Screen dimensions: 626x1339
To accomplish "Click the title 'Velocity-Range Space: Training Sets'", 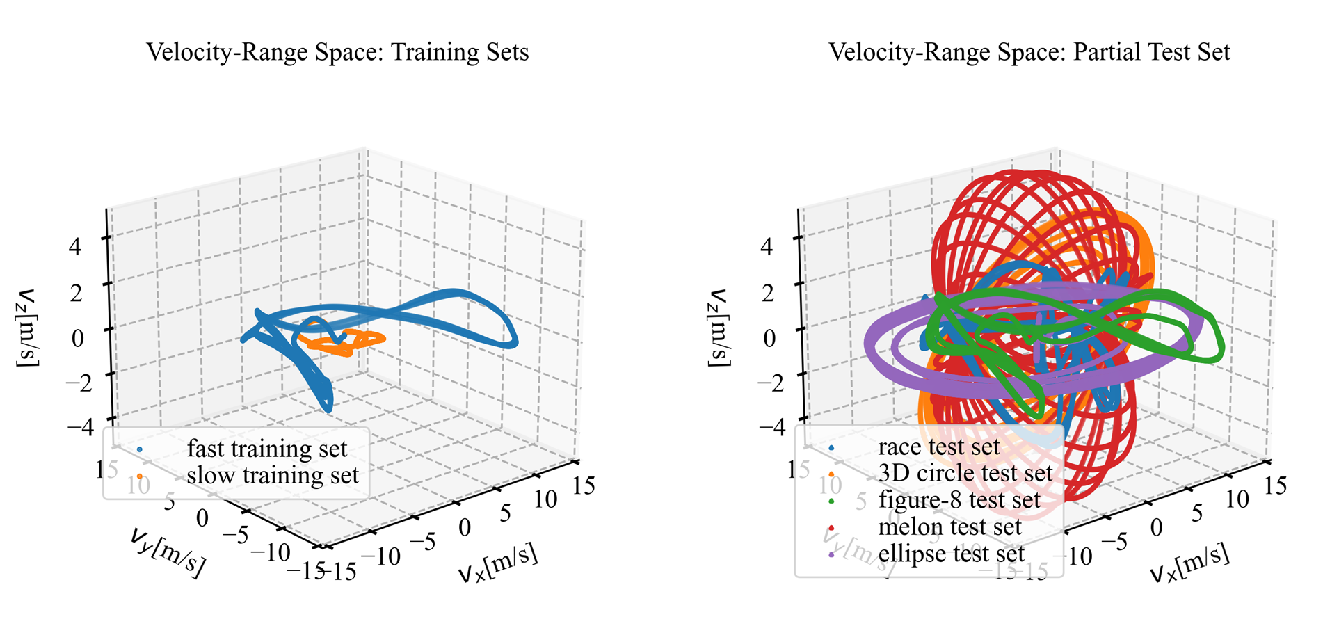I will (x=337, y=52).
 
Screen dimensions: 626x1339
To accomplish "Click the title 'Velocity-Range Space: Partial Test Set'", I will (x=1029, y=52).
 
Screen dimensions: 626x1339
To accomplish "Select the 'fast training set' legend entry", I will (x=266, y=449).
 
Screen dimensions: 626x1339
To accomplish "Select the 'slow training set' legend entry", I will (x=272, y=476).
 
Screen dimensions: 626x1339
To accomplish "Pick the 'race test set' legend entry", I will (x=938, y=447).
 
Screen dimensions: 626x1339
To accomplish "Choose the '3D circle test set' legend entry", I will (x=965, y=473).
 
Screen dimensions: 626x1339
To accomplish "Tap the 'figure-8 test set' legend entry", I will (x=959, y=500).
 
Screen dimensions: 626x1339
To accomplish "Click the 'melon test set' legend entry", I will (x=949, y=527).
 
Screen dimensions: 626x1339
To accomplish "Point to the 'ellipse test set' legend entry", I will (x=951, y=554).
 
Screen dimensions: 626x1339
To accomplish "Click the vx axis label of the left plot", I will (x=498, y=563).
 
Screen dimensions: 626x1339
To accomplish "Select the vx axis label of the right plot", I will (x=1189, y=563).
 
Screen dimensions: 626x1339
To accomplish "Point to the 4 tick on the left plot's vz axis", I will (x=74, y=246).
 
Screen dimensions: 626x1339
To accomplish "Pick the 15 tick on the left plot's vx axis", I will (x=583, y=485).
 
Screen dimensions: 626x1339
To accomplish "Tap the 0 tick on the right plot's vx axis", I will (x=1156, y=527).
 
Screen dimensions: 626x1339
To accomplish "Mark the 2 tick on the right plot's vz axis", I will (x=767, y=292).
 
